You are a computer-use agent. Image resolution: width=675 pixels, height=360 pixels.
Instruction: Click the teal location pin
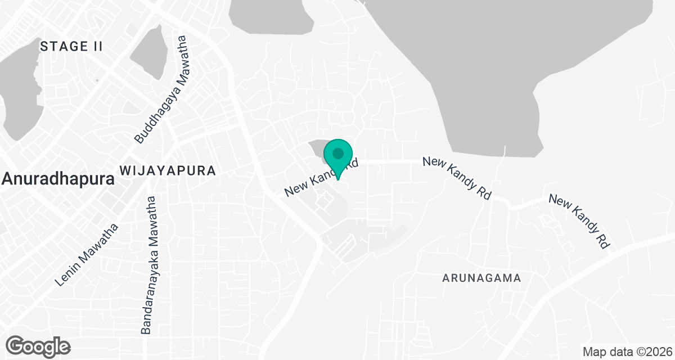(x=338, y=158)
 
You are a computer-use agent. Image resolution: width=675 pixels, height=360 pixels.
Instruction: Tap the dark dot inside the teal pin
(x=338, y=153)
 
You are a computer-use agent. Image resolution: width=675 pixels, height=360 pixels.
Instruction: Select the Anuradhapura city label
(x=58, y=179)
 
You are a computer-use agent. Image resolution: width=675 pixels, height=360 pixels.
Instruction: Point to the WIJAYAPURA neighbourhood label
(x=168, y=170)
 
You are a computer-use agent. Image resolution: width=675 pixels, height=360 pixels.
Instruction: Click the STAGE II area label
(x=71, y=47)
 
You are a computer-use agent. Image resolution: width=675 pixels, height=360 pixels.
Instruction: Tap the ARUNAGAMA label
(x=481, y=278)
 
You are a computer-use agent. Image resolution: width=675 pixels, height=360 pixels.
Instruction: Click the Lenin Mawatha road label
(x=88, y=255)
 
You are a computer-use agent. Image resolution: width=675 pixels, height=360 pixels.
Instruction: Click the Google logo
(x=38, y=346)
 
